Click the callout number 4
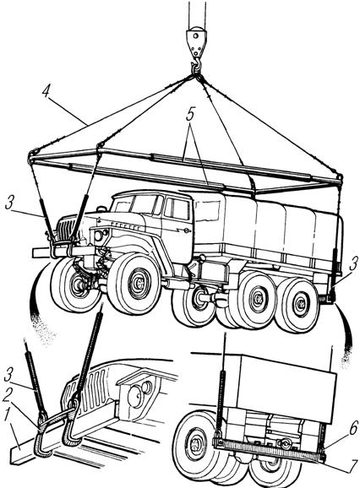click(x=46, y=90)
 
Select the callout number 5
click(x=190, y=115)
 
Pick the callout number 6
click(x=353, y=428)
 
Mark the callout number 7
click(x=352, y=468)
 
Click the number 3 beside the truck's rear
click(x=352, y=264)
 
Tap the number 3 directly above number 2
click(x=8, y=376)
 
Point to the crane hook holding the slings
click(x=197, y=68)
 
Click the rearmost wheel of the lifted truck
click(x=298, y=305)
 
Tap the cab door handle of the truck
click(x=185, y=230)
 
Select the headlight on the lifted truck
click(x=99, y=236)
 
